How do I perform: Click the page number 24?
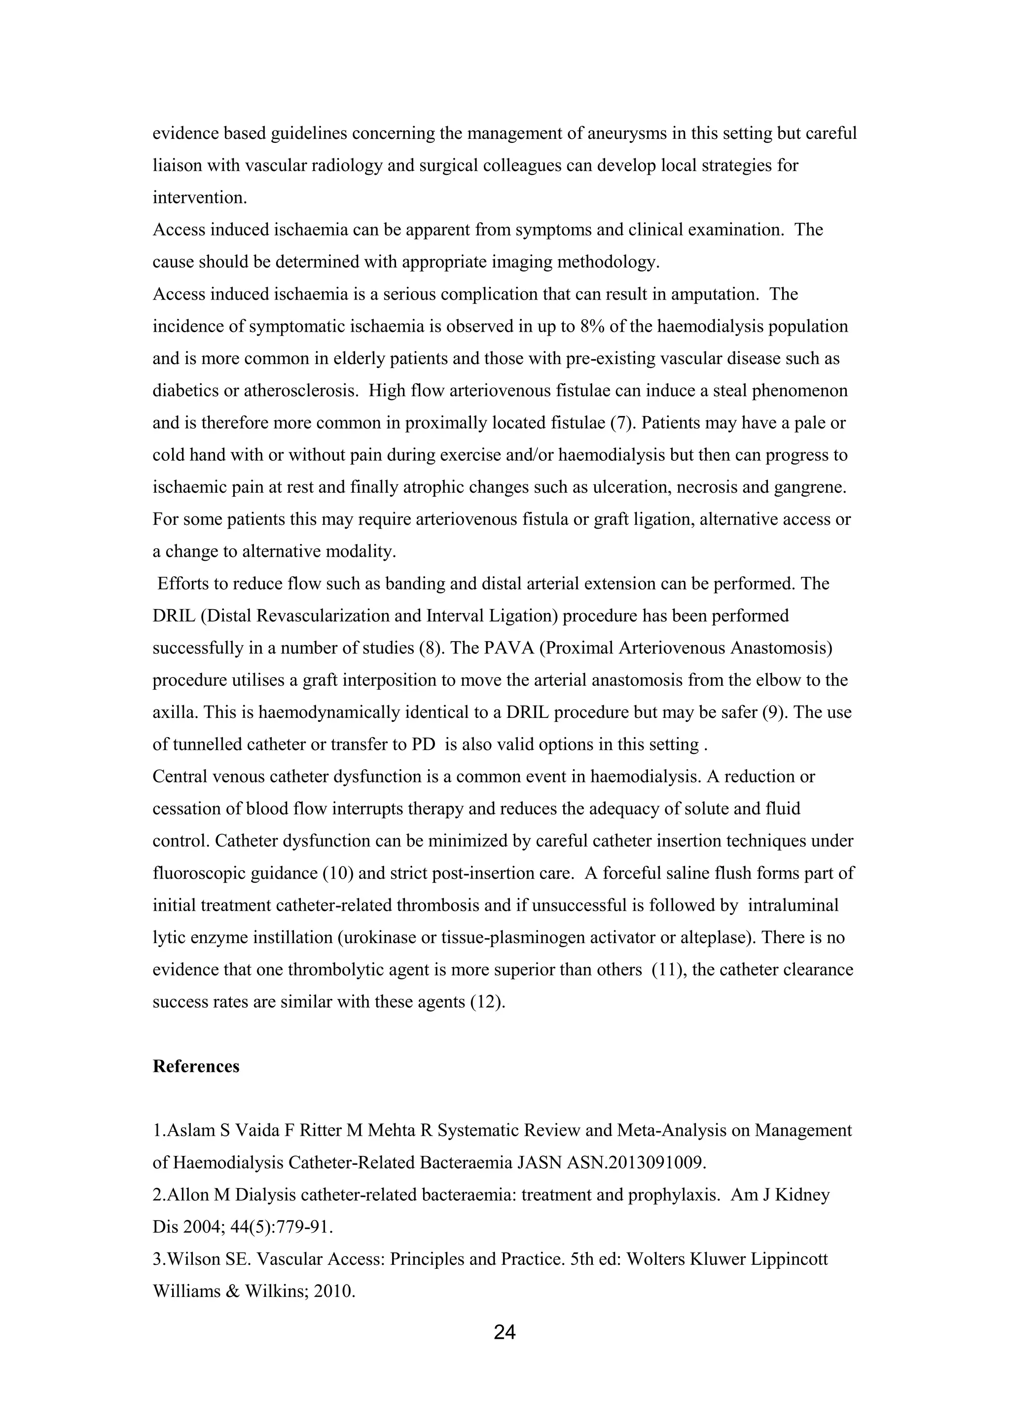point(505,1332)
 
